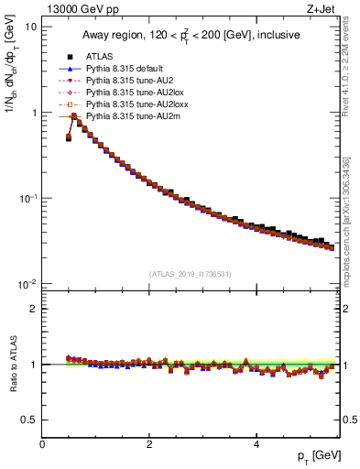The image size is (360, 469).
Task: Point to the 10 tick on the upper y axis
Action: click(x=30, y=27)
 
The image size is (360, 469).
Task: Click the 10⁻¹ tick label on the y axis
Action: click(x=27, y=198)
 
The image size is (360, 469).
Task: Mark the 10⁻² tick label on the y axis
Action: click(x=27, y=284)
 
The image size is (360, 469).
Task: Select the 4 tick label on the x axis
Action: click(x=256, y=443)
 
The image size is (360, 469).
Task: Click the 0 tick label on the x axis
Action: click(x=42, y=443)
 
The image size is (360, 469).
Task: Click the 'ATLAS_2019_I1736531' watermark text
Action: click(x=190, y=274)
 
